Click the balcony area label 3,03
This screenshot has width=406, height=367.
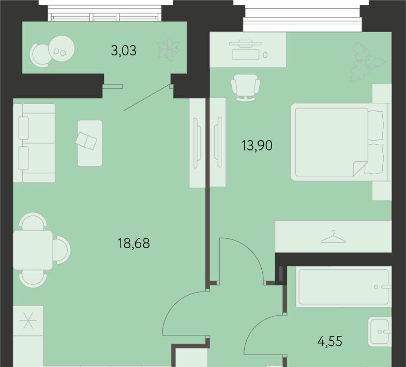(x=124, y=51)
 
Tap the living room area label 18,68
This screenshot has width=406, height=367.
(x=133, y=243)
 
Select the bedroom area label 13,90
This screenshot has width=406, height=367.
(x=257, y=145)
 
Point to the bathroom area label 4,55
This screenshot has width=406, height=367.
(x=329, y=341)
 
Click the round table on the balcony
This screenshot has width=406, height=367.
(x=62, y=49)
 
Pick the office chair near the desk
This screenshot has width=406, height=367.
(x=245, y=87)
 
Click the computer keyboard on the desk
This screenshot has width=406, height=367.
(x=246, y=54)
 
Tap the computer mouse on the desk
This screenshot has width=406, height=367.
(x=265, y=55)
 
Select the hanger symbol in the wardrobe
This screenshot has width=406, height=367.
(x=333, y=237)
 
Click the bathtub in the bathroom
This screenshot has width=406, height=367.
(x=343, y=287)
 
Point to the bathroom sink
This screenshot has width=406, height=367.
(x=380, y=331)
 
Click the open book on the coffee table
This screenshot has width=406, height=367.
(x=86, y=141)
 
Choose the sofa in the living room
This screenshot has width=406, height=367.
(x=34, y=143)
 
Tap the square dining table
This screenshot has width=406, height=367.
(x=33, y=250)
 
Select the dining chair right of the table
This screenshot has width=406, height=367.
(x=62, y=250)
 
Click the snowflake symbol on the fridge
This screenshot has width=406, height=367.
(x=28, y=320)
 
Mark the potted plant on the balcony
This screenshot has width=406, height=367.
(x=169, y=50)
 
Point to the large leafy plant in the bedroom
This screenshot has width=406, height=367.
(x=368, y=62)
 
